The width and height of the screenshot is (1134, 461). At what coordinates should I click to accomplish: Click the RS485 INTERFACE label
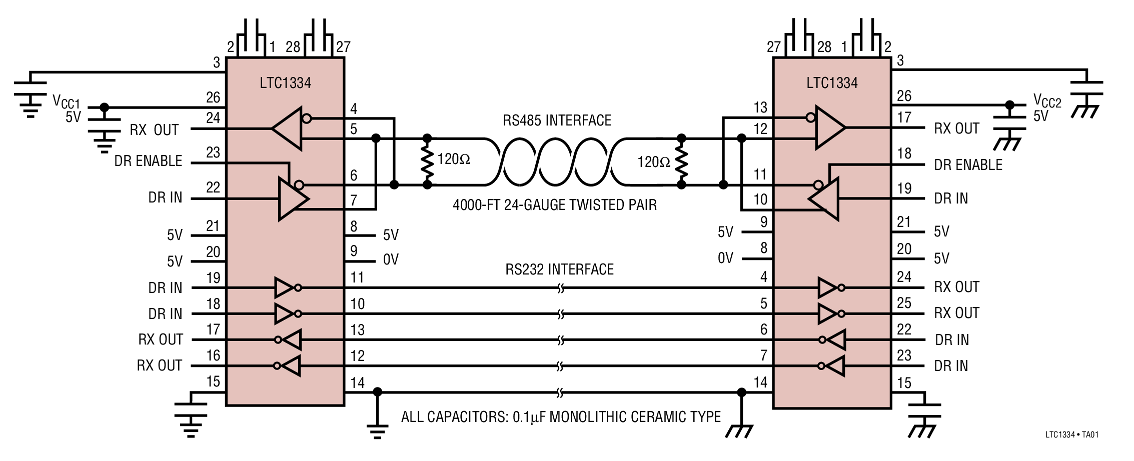tap(557, 120)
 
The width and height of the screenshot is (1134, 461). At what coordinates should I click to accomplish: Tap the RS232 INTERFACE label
tap(559, 269)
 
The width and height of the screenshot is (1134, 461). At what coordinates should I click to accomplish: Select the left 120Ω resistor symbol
tap(427, 161)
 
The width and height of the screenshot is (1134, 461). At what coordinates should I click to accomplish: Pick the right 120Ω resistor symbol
tap(681, 161)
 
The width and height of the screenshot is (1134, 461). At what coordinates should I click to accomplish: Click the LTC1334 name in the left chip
tap(285, 82)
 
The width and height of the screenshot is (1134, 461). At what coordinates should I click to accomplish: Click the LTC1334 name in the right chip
tap(832, 82)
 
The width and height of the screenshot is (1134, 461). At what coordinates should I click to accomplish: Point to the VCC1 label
tap(66, 101)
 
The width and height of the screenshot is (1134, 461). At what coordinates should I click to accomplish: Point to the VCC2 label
tap(1047, 101)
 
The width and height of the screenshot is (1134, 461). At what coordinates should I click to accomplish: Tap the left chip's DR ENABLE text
tap(148, 161)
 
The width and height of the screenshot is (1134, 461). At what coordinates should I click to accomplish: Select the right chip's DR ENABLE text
tap(968, 165)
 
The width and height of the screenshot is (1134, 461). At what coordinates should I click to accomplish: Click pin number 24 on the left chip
tap(213, 118)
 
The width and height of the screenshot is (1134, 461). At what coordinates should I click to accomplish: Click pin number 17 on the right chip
tap(904, 117)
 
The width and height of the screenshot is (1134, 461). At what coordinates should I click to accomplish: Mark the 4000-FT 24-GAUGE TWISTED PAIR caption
tap(554, 205)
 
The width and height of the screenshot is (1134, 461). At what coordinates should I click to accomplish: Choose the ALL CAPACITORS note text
tap(561, 417)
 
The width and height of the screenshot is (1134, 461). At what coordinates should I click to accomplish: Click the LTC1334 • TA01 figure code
tap(1071, 434)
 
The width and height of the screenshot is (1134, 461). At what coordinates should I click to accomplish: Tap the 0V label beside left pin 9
tap(391, 259)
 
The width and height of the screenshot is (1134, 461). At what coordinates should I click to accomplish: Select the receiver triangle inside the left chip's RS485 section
tap(289, 128)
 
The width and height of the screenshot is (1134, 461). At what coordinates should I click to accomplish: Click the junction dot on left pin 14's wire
tap(378, 391)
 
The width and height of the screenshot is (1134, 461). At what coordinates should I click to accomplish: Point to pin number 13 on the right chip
tap(760, 107)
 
